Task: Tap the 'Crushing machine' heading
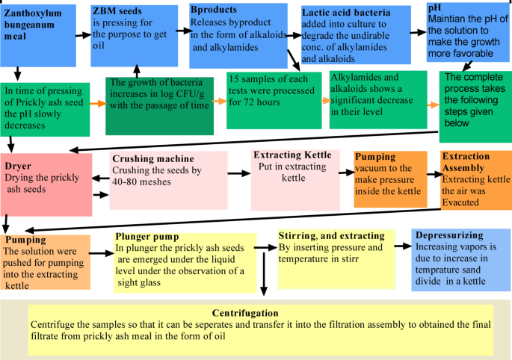pos(152,159)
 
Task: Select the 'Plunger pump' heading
pos(147,237)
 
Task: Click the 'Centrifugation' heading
pos(254,312)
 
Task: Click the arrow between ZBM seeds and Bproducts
pos(183,31)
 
